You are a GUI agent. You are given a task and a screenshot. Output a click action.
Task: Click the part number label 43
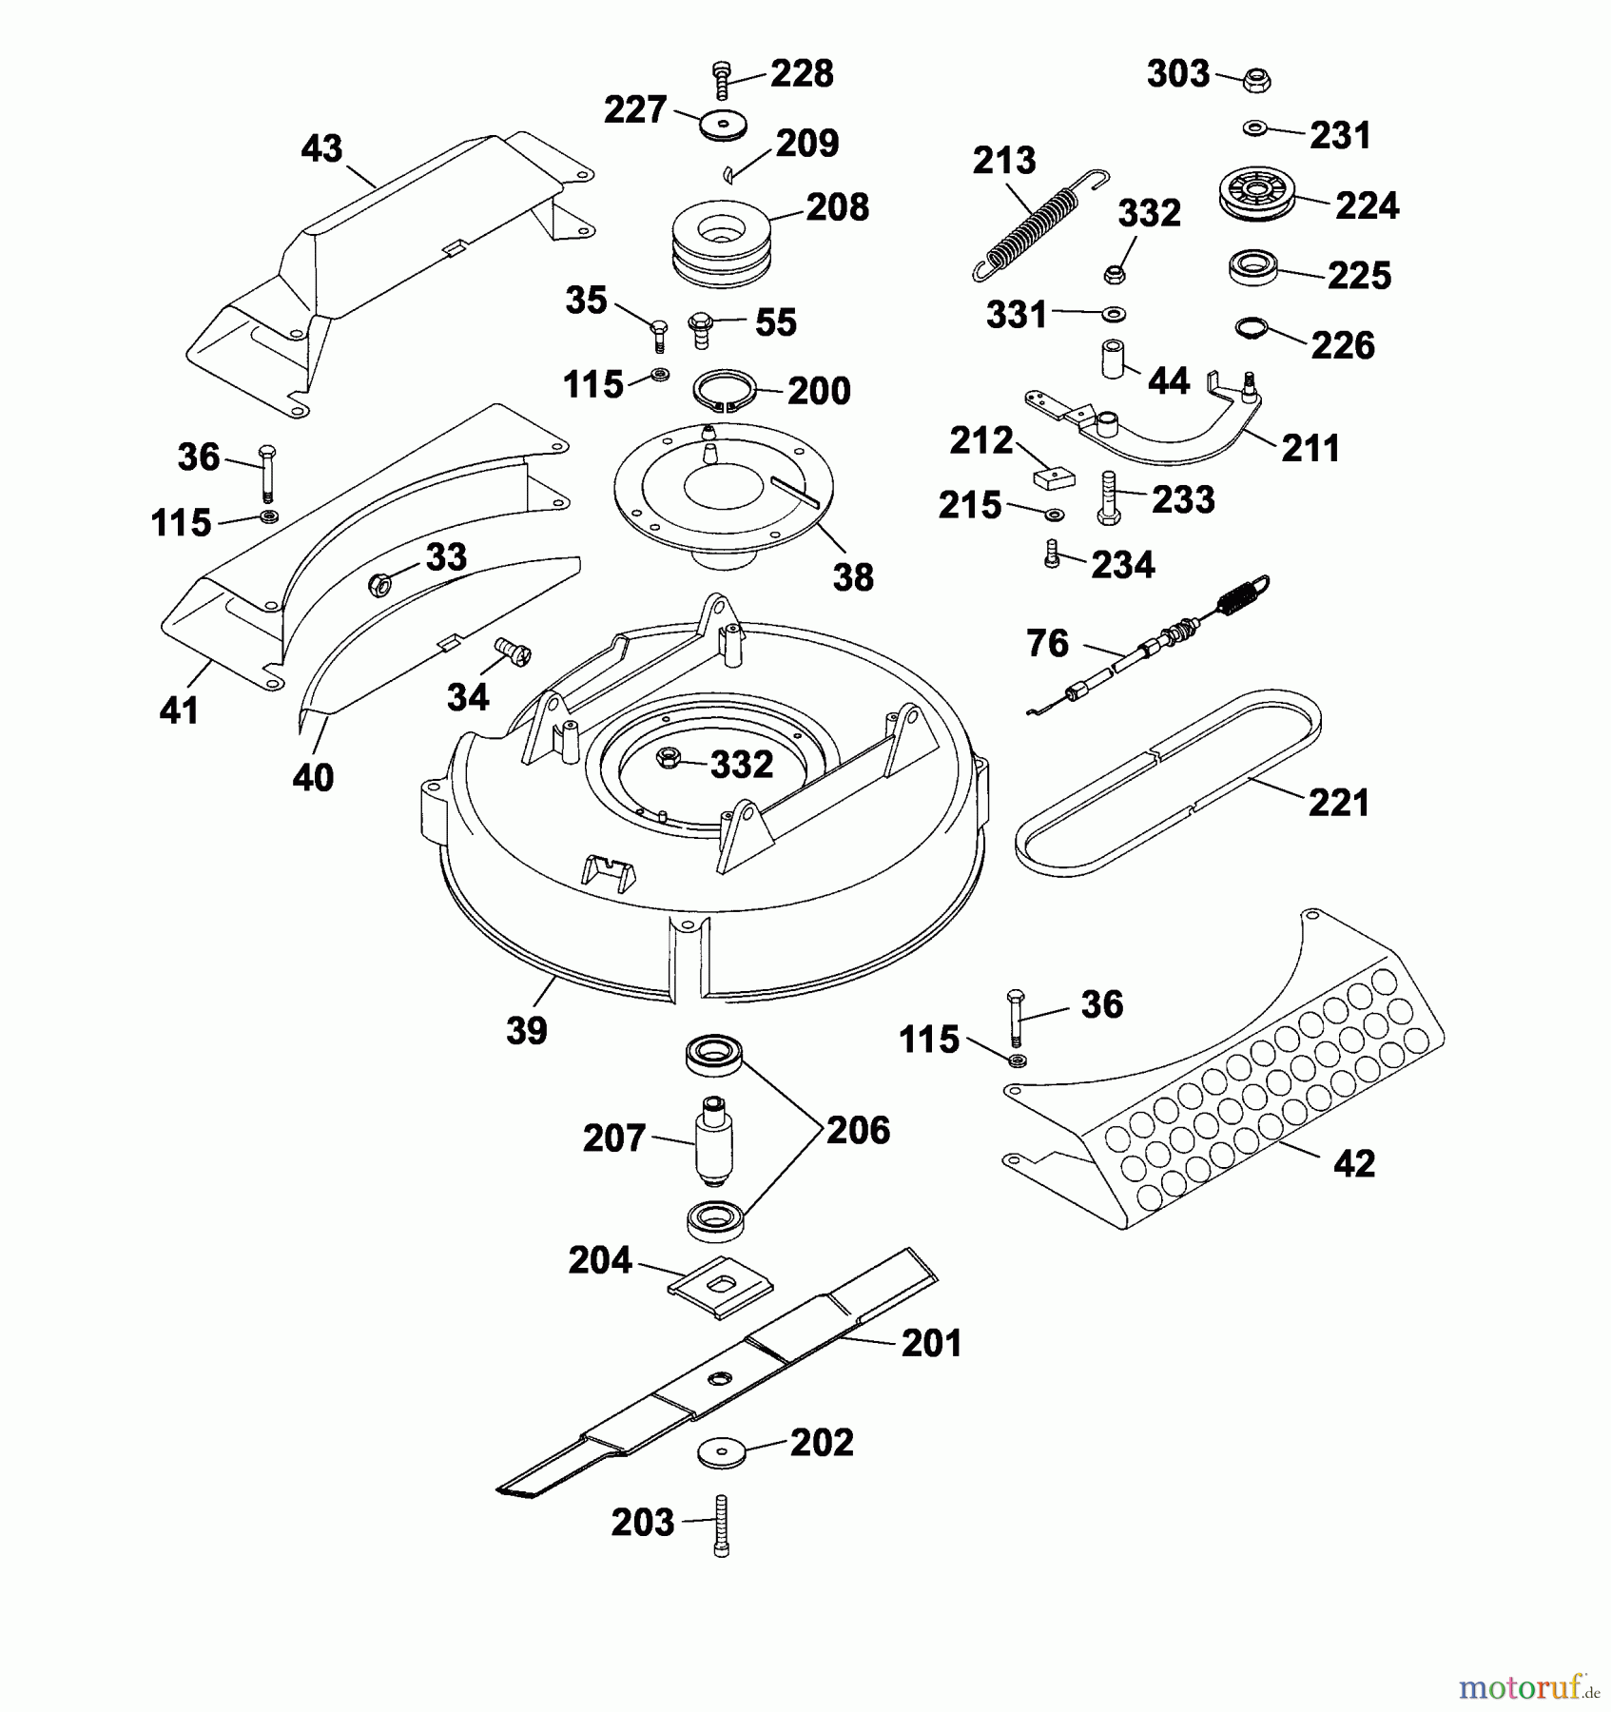321,148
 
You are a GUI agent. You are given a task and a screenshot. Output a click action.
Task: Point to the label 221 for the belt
1339,803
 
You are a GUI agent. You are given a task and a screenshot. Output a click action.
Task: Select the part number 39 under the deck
527,1030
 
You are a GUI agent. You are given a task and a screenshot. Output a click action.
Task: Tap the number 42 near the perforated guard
1354,1163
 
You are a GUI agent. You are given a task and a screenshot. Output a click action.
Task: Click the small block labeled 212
1053,476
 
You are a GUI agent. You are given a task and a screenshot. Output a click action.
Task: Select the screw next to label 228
722,80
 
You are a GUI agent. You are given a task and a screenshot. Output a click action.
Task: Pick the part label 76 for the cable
1048,644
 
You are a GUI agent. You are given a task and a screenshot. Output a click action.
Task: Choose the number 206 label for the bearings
858,1130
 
